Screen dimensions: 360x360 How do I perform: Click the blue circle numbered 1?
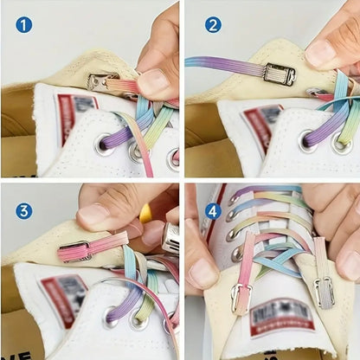23,24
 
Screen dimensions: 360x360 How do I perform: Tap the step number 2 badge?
212,24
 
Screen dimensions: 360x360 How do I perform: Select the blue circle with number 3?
23,210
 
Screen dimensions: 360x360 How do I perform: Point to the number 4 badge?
212,210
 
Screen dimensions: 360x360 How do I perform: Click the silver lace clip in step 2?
280,75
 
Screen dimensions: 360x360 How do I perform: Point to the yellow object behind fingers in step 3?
145,213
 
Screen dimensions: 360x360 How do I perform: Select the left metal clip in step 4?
240,299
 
